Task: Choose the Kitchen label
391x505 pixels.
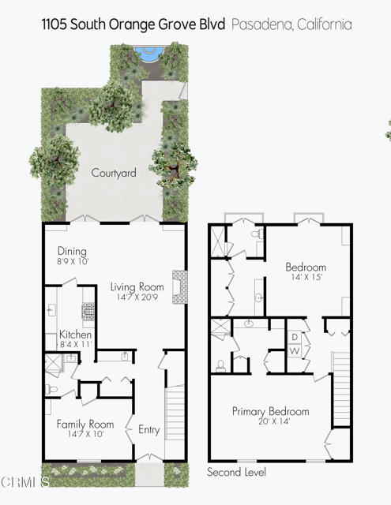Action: pos(75,335)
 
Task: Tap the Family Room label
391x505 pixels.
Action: pos(85,424)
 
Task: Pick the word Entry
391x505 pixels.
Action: pos(149,430)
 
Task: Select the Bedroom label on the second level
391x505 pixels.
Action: pos(306,267)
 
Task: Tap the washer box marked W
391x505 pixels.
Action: pos(292,350)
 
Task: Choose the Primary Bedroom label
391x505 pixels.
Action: pos(270,412)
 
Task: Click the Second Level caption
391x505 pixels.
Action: pos(236,473)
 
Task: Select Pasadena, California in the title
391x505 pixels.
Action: pos(292,24)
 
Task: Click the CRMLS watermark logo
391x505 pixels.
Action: pos(23,480)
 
